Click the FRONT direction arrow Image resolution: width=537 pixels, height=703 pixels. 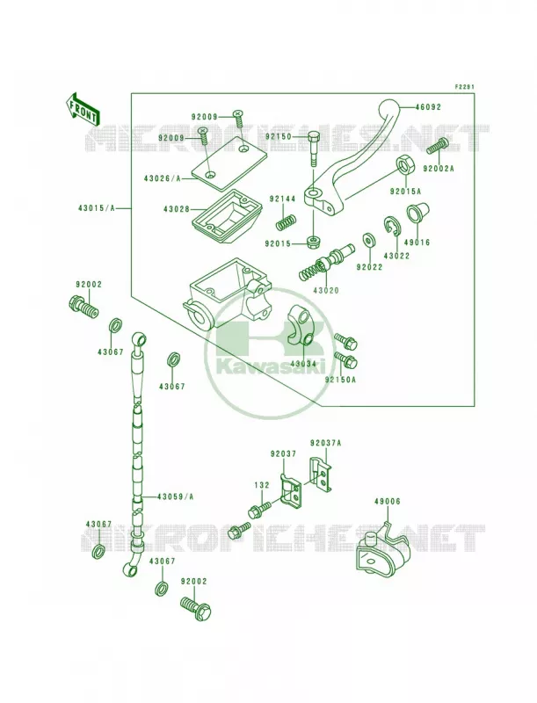tap(82, 109)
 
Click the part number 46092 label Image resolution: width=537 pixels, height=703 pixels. tap(428, 107)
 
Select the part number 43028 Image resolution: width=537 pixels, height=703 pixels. tap(176, 209)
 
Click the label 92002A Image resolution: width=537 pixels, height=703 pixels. tap(439, 169)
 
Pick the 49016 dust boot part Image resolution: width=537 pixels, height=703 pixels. tap(416, 214)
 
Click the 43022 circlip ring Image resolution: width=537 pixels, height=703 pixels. tap(392, 226)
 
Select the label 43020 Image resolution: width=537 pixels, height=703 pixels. tap(326, 291)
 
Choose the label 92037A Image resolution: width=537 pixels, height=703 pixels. tap(325, 444)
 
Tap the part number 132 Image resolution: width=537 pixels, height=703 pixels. tap(262, 485)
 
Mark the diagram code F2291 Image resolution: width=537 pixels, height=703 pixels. tap(464, 87)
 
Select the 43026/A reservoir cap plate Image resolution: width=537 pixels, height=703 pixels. tap(229, 162)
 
